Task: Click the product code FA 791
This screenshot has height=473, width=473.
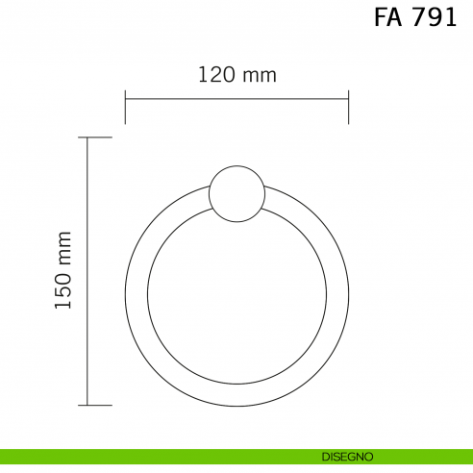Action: point(415,17)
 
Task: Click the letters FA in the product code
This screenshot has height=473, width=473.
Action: point(387,17)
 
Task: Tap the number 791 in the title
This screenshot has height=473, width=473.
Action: point(434,17)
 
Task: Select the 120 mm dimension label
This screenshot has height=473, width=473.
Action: point(237,75)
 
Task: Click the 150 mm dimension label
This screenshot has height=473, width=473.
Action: point(63,270)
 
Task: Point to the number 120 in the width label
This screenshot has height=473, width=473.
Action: point(217,75)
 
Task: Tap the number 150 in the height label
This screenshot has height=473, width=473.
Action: point(63,291)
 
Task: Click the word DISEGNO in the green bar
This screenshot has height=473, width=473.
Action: point(347,457)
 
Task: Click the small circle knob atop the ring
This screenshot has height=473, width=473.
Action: point(236,193)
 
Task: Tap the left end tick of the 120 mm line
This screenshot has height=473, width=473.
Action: point(125,107)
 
